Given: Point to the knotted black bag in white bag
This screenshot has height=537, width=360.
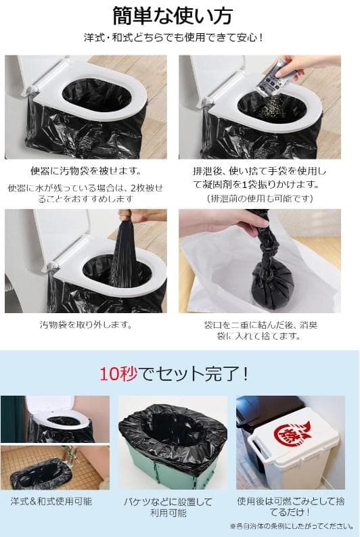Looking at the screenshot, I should pos(271,279).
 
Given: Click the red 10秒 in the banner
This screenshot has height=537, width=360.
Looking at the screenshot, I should pos(118,373).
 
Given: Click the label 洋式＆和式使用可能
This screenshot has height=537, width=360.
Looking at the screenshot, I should pos(56,501).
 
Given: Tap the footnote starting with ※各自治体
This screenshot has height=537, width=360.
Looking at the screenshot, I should pos(291,526).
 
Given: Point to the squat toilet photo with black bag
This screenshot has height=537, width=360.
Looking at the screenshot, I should pos(54,467).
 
